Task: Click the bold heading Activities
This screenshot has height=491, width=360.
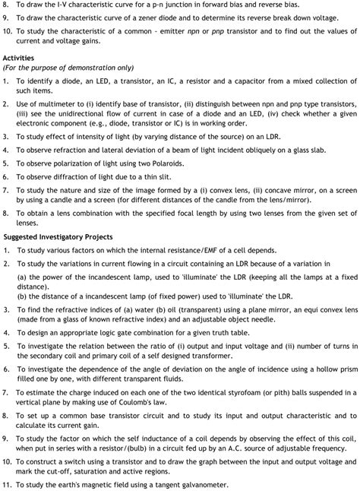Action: click(19, 58)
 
